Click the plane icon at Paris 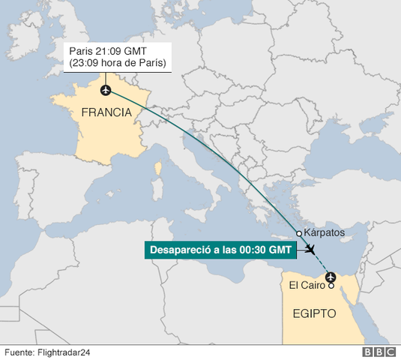[105, 91]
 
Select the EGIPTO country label [308, 312]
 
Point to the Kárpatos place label [324, 233]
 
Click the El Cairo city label [306, 285]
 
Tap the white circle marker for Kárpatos [299, 233]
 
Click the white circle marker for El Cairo [331, 285]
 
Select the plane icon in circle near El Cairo [330, 277]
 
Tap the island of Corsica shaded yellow [158, 171]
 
